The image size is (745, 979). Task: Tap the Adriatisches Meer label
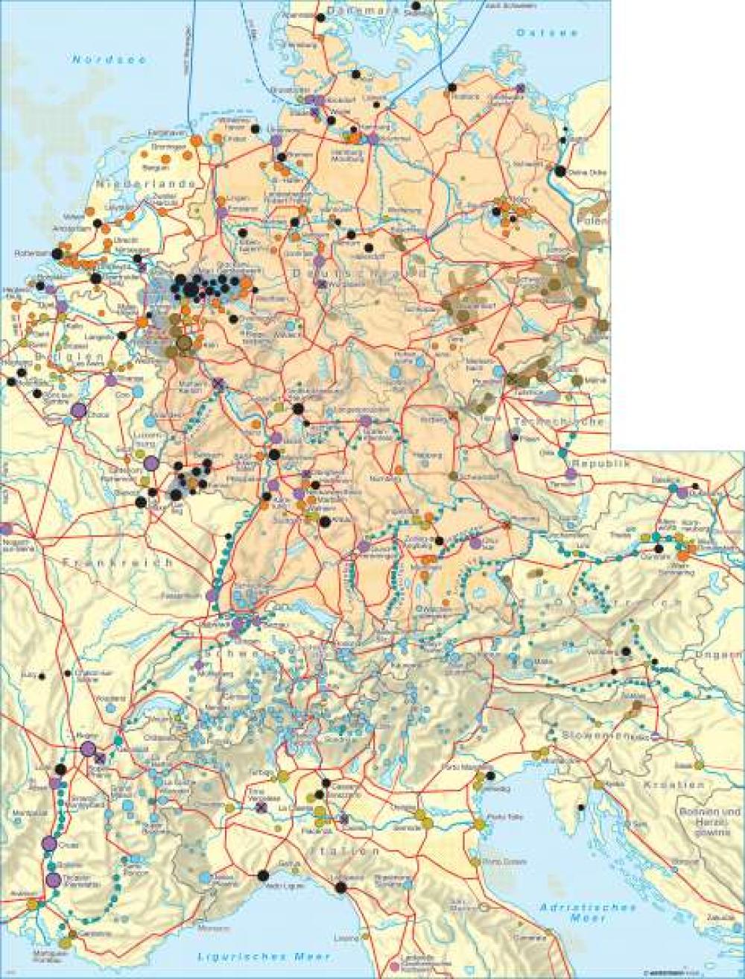pos(588,914)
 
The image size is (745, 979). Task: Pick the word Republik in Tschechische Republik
pos(606,463)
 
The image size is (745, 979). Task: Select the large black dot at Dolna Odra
pos(559,171)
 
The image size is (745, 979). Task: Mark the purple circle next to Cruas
pos(50,843)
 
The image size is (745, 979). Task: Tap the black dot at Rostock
pos(451,88)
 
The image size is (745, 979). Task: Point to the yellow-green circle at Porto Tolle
pos(478,825)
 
